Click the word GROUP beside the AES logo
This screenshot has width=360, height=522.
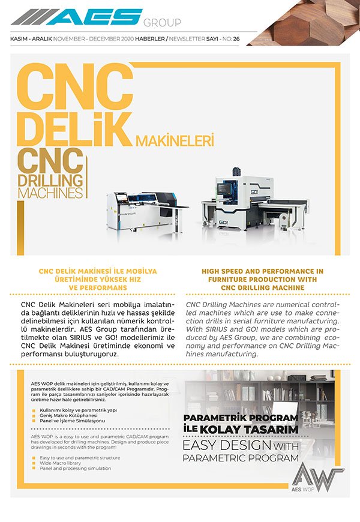pos(161,23)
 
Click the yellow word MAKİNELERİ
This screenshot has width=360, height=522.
pos(175,142)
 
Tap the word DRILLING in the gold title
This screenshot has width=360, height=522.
pos(52,180)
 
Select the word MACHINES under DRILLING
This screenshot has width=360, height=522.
pos(50,193)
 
